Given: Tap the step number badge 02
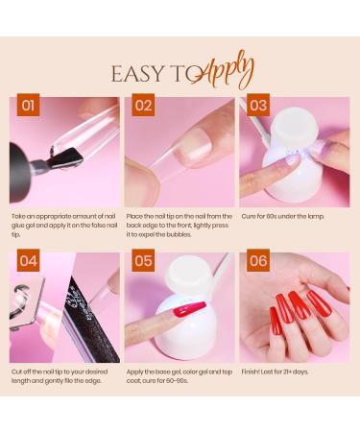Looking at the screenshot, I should (x=143, y=106).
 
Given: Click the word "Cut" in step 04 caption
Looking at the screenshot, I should (x=17, y=371).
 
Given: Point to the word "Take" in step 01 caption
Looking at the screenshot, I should (x=19, y=216).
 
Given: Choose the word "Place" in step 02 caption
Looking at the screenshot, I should (x=136, y=216).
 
